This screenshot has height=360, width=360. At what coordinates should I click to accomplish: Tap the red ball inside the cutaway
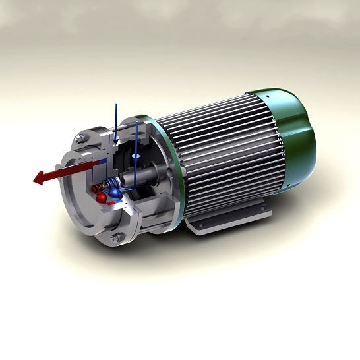(101, 198)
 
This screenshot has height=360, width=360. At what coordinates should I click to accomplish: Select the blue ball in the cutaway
(116, 193)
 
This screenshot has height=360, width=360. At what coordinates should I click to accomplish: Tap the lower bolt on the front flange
(117, 238)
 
